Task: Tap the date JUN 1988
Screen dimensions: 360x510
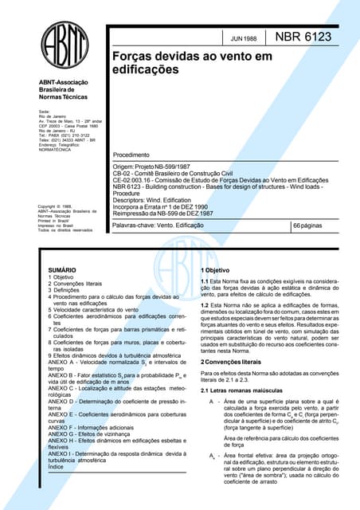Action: point(242,38)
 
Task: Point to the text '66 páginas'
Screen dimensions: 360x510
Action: point(313,227)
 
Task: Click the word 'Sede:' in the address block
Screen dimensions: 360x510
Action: point(45,112)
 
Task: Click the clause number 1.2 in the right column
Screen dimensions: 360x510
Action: point(205,305)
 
